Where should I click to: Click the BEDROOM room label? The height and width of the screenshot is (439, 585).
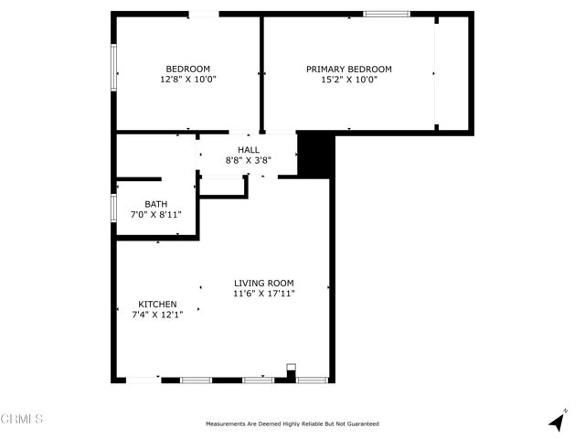click(187, 69)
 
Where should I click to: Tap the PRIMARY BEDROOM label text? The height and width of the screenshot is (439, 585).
click(348, 69)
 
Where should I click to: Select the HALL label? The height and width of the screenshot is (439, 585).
click(249, 150)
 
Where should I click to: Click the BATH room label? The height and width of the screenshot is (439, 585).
click(155, 204)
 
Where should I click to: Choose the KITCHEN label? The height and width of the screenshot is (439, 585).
click(157, 305)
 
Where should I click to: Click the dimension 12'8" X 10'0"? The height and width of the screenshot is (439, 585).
click(187, 80)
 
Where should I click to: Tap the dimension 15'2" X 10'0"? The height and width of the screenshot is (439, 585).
click(348, 80)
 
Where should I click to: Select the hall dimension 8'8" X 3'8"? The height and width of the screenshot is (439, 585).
click(249, 160)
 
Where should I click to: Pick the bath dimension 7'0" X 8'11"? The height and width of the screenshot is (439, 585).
click(155, 215)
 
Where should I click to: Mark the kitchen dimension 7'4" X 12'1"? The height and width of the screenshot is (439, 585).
click(157, 316)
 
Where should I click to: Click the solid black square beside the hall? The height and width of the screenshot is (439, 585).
click(317, 154)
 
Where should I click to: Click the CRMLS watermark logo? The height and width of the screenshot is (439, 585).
click(22, 419)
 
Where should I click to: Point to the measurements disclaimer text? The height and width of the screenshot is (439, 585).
click(292, 423)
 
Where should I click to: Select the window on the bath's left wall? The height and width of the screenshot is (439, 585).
click(113, 207)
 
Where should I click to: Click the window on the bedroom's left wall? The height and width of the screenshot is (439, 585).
click(113, 69)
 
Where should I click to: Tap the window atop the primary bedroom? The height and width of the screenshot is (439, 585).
click(387, 14)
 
